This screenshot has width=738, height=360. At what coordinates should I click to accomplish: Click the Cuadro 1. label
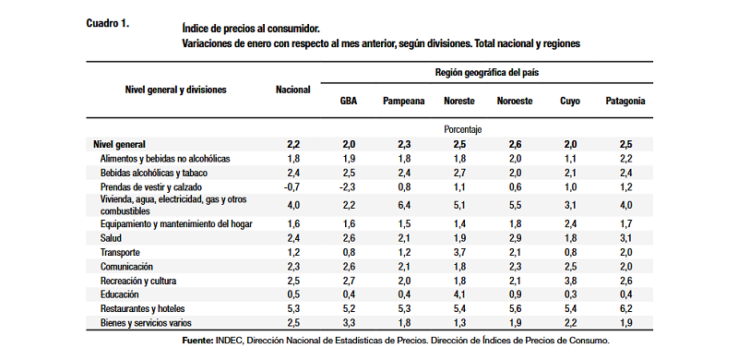tap(107, 24)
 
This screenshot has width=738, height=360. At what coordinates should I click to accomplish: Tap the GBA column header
tap(349, 102)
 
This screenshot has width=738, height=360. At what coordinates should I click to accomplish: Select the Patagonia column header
tap(625, 102)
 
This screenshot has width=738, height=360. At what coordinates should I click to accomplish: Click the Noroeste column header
tap(515, 102)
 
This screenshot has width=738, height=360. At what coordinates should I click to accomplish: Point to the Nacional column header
tap(292, 90)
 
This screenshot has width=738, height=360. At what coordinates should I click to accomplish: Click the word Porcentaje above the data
tap(463, 129)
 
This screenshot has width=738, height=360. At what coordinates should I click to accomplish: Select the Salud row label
tap(111, 238)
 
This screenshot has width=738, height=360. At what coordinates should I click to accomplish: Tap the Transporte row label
tap(120, 253)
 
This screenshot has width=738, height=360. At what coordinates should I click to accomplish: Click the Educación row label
tap(120, 294)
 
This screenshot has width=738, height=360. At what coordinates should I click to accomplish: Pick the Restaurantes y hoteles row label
tap(142, 309)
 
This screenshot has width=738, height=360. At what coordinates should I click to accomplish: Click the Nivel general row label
tap(120, 144)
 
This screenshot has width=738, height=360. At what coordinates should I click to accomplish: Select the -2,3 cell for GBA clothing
tap(348, 186)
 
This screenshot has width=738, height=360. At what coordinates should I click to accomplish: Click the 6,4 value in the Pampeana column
tap(404, 205)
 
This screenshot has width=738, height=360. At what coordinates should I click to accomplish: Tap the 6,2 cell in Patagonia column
tap(625, 309)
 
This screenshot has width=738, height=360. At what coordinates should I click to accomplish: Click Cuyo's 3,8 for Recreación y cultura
tap(570, 281)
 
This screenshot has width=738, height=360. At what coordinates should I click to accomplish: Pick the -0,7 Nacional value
tap(292, 186)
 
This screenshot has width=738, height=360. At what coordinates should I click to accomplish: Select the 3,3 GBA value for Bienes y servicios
tap(349, 323)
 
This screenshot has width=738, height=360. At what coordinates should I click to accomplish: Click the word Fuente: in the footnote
tap(197, 341)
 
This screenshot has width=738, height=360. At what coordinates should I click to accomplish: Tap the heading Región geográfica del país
tap(487, 73)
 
